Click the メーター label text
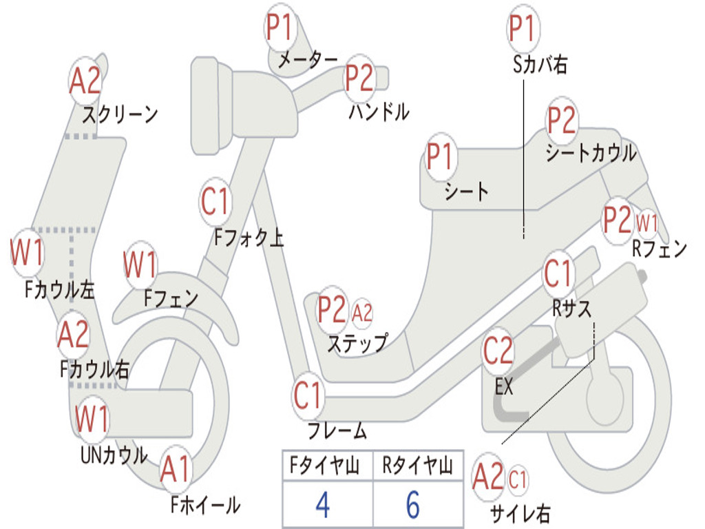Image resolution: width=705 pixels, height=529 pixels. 308,59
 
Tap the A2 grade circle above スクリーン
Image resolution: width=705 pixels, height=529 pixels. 85,81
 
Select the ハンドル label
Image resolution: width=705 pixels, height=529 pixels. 379,112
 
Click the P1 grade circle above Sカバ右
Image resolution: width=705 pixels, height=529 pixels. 523,28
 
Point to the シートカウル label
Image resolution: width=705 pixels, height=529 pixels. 591,153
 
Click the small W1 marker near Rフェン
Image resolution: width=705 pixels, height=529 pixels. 646,222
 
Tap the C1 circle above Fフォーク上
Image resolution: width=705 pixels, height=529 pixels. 215,201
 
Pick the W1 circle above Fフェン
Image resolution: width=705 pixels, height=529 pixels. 140,264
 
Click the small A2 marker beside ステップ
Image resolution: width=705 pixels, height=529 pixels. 362,313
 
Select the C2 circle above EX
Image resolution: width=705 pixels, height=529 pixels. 498,351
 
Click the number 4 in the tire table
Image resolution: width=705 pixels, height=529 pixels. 323,504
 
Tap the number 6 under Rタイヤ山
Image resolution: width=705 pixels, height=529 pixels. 413,504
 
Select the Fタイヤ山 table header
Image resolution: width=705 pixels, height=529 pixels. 325,465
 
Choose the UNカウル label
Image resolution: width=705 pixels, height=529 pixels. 114,455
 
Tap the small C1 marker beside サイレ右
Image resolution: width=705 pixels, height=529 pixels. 518,479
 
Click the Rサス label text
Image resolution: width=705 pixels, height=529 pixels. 571,309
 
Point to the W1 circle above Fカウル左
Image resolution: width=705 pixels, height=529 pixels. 27,252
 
